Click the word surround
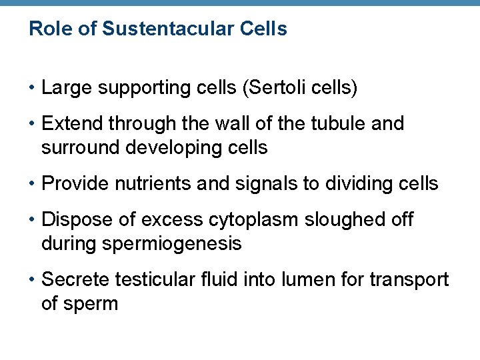click(x=73, y=147)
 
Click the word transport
click(x=411, y=279)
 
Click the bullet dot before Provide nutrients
click(x=32, y=183)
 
